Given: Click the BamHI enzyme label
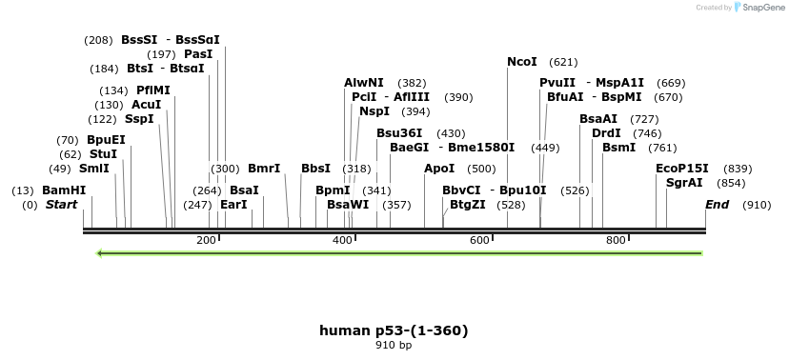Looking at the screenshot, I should [x=64, y=190].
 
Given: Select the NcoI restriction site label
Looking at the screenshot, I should [x=522, y=62].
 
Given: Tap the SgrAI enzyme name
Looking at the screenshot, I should [x=684, y=183].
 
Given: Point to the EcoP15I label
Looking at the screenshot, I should [x=682, y=168].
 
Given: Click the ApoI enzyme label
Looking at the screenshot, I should [x=439, y=169].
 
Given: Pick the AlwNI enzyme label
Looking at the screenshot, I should [x=364, y=84].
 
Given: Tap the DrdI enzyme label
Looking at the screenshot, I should [x=606, y=133].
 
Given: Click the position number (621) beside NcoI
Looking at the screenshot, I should [x=564, y=62].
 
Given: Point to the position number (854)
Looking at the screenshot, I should [x=732, y=183].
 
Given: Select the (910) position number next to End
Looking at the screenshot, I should [x=757, y=205].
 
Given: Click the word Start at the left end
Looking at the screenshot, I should [x=62, y=205].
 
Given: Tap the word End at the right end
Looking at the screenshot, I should [x=717, y=205].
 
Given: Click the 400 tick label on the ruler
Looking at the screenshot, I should [x=343, y=240].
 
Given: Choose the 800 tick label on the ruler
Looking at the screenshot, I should [x=616, y=240].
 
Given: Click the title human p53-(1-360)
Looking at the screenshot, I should [x=394, y=330].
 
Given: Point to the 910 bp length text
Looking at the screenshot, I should [x=394, y=345].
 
